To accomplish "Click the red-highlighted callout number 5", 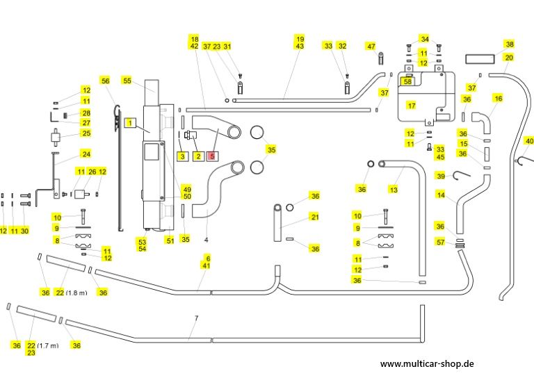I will click(x=212, y=156).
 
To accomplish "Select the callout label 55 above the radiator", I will click(x=127, y=80).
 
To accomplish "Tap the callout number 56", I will click(x=106, y=81).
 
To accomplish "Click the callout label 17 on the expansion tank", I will click(x=412, y=106).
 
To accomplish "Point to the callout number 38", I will click(x=510, y=44).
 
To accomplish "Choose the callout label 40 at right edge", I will click(x=529, y=141).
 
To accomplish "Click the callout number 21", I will click(x=315, y=217).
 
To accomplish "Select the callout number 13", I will click(x=394, y=189).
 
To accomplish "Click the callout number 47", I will click(x=371, y=46).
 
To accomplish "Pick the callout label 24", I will click(x=86, y=154).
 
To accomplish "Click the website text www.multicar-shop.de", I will click(x=428, y=363).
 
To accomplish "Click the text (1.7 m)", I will click(x=48, y=345).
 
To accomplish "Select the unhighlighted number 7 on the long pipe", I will click(x=196, y=318).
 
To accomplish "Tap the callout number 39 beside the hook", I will click(x=440, y=176).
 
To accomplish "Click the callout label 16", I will click(x=498, y=99).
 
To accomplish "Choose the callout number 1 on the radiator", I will click(x=129, y=122).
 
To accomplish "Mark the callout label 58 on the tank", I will click(x=407, y=81).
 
